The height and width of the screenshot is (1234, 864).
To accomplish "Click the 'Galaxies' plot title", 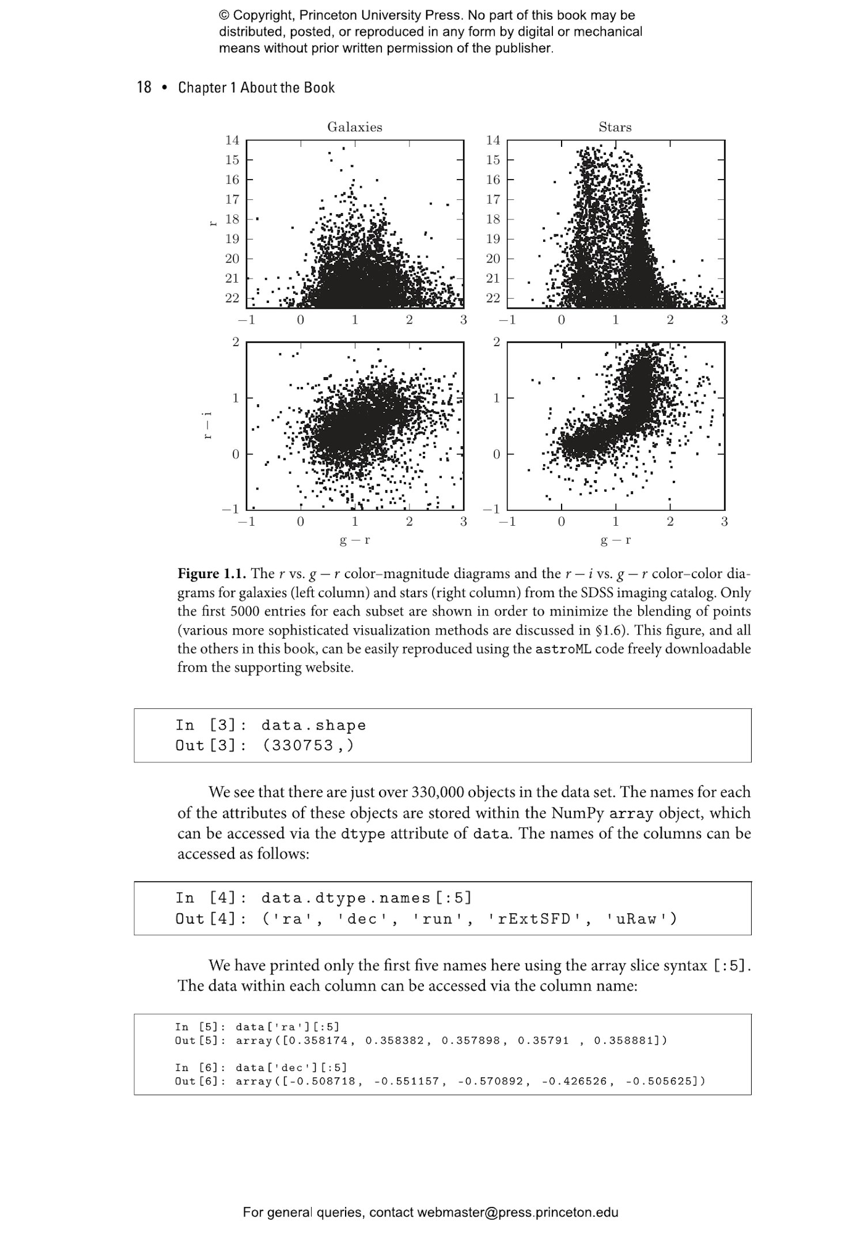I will pos(355,127).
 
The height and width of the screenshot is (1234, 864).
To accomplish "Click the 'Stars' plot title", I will pos(615,127).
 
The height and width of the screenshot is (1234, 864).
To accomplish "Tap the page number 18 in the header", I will pos(144,88).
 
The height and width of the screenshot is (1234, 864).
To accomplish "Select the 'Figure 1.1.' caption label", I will pos(212,574).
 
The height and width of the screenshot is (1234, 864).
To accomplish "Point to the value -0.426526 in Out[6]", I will pos(574,1081).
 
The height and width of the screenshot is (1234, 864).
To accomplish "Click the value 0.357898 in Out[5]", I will pos(471,1041).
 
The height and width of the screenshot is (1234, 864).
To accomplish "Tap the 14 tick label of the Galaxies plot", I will pos(232,140).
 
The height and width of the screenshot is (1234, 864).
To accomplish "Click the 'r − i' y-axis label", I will pos(208,426).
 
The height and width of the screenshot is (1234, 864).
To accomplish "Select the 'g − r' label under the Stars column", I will pos(615,540).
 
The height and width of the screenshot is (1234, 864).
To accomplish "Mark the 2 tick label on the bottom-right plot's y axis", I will pos(497,342).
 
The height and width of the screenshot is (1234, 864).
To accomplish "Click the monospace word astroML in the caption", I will pos(563,649).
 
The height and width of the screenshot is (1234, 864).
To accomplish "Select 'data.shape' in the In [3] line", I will pos(313,725).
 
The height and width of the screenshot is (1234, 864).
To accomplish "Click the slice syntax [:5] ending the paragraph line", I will pos(731,966).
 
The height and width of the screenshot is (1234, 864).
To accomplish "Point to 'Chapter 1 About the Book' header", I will pos(256,88).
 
